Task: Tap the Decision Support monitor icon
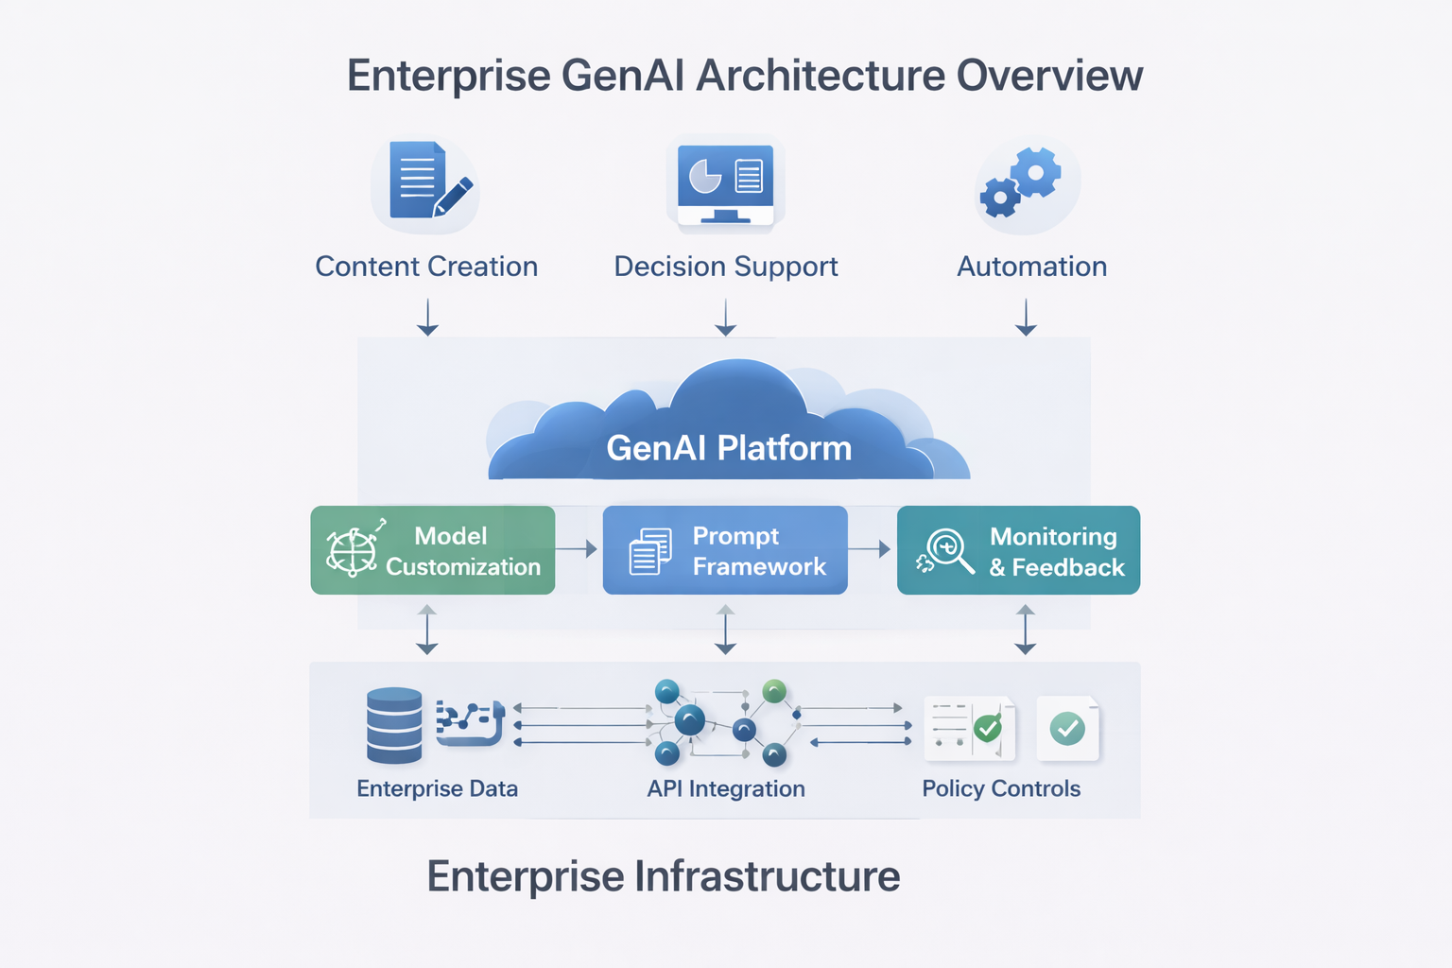(x=725, y=184)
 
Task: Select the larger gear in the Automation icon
(x=1036, y=172)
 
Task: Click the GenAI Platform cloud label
(x=729, y=448)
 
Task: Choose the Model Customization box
(x=432, y=550)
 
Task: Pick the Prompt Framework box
(x=725, y=550)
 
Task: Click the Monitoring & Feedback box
(x=1018, y=550)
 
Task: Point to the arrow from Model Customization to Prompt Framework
(x=577, y=549)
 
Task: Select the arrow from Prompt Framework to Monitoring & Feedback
(x=870, y=549)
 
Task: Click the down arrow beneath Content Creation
(x=427, y=317)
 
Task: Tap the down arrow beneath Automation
(x=1026, y=317)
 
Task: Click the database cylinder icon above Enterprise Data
(x=394, y=725)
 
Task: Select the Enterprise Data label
(x=438, y=788)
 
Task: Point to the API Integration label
(x=726, y=788)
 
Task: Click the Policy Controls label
(x=1001, y=788)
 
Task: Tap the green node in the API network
(x=774, y=691)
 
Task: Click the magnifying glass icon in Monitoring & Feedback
(x=949, y=551)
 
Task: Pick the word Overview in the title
(x=1049, y=76)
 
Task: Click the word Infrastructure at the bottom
(x=768, y=876)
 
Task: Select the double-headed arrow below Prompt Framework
(x=725, y=630)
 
